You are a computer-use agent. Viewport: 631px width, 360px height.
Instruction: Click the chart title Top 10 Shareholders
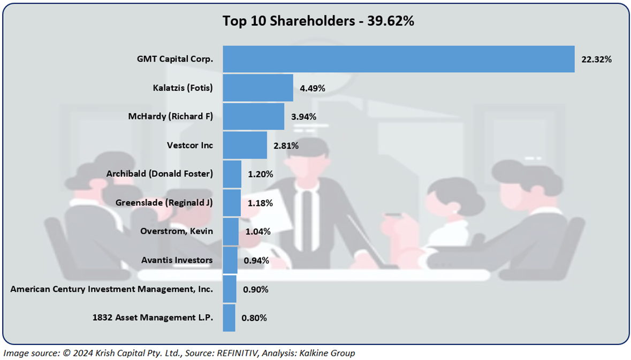(x=318, y=21)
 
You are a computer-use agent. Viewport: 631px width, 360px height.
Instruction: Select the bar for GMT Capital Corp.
(x=398, y=59)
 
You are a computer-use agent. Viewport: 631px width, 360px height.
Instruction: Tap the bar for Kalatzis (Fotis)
(x=257, y=88)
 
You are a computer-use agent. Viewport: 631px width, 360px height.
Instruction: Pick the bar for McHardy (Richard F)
(x=253, y=117)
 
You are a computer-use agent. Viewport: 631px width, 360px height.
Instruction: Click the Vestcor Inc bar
(x=245, y=145)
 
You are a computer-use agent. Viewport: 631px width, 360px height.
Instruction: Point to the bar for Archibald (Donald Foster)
(x=232, y=174)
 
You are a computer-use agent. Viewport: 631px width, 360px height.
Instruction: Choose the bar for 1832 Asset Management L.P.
(x=229, y=318)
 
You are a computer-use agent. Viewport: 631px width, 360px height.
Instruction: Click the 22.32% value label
(x=596, y=59)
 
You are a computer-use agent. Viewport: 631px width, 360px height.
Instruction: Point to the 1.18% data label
(x=260, y=203)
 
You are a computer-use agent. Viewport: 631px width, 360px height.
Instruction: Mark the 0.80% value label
(x=254, y=318)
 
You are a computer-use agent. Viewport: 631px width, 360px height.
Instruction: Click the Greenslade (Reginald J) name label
(x=164, y=203)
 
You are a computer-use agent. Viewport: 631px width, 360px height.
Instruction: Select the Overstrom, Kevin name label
(x=177, y=231)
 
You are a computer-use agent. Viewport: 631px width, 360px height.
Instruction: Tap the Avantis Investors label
(x=177, y=260)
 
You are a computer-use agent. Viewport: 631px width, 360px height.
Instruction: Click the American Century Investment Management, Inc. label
(x=112, y=289)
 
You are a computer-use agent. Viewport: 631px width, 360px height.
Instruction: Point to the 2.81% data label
(x=286, y=145)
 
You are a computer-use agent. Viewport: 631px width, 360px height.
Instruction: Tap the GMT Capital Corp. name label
(x=175, y=59)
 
